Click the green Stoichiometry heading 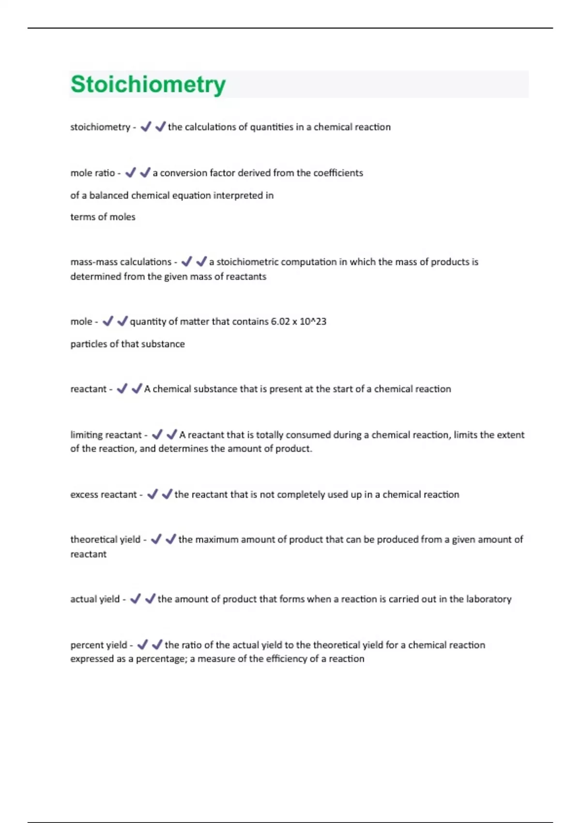[x=148, y=84]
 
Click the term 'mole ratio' [x=92, y=173]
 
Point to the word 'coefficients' [x=338, y=173]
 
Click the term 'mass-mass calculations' [x=121, y=262]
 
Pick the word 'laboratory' [x=489, y=599]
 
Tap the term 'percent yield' [x=98, y=645]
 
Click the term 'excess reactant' [x=103, y=494]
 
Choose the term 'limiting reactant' [x=106, y=435]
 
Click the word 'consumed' [x=308, y=435]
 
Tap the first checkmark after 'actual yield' [x=135, y=599]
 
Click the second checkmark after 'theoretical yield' [x=170, y=539]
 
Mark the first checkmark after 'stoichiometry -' [x=145, y=127]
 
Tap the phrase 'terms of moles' [x=103, y=217]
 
